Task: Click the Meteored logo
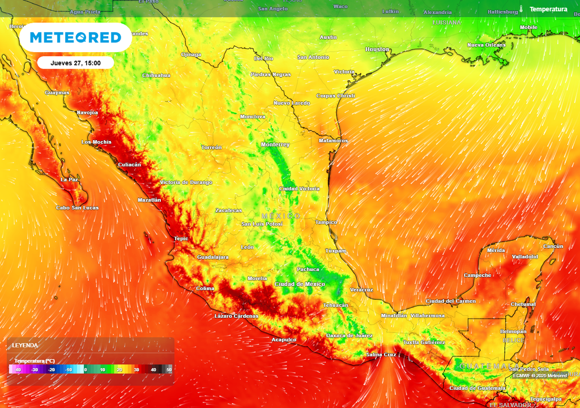click(75, 37)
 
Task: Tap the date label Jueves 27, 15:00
click(75, 63)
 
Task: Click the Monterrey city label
click(275, 144)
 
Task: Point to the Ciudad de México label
click(300, 284)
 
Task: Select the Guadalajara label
click(212, 257)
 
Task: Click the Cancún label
click(553, 246)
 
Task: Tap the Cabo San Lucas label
click(77, 208)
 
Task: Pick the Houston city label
click(377, 49)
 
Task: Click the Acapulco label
click(284, 340)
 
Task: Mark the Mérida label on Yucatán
click(496, 250)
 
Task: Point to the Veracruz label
click(361, 290)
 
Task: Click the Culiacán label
click(129, 164)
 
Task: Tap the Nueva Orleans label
click(486, 45)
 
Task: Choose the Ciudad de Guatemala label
click(477, 388)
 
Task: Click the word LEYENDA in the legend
click(25, 345)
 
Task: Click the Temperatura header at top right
click(548, 9)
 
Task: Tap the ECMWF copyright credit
click(540, 376)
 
